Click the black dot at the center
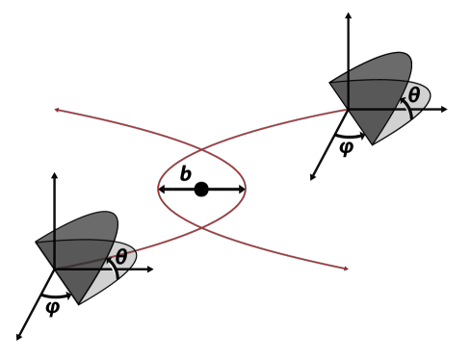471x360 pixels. (201, 189)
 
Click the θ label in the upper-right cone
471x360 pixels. (413, 95)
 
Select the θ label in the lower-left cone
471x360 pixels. (121, 257)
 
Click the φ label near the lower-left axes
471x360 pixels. (53, 307)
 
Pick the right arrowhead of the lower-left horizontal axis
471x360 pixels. (154, 270)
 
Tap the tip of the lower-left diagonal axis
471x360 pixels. (18, 338)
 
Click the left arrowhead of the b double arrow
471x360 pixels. (161, 190)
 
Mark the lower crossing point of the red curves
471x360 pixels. (201, 228)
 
